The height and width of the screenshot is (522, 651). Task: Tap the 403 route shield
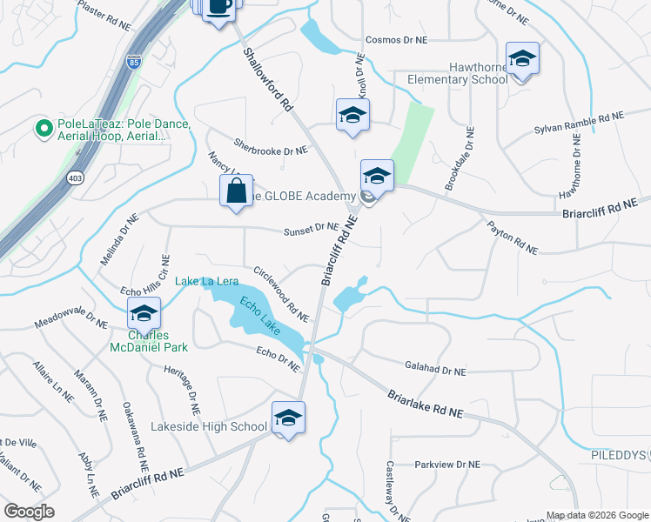click(76, 177)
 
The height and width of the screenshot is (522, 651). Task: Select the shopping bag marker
click(237, 191)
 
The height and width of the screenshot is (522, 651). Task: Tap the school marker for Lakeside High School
click(288, 418)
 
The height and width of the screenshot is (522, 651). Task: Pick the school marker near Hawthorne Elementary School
click(522, 59)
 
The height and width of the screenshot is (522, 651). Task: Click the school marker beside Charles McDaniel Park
click(144, 313)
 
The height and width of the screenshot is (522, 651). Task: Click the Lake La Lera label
click(207, 281)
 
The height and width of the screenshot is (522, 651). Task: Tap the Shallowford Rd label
click(267, 80)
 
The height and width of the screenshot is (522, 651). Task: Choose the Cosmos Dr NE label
click(396, 40)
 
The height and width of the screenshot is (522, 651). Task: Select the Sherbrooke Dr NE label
click(271, 148)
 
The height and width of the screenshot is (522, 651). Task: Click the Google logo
click(30, 512)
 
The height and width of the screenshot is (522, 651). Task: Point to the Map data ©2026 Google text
click(596, 515)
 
